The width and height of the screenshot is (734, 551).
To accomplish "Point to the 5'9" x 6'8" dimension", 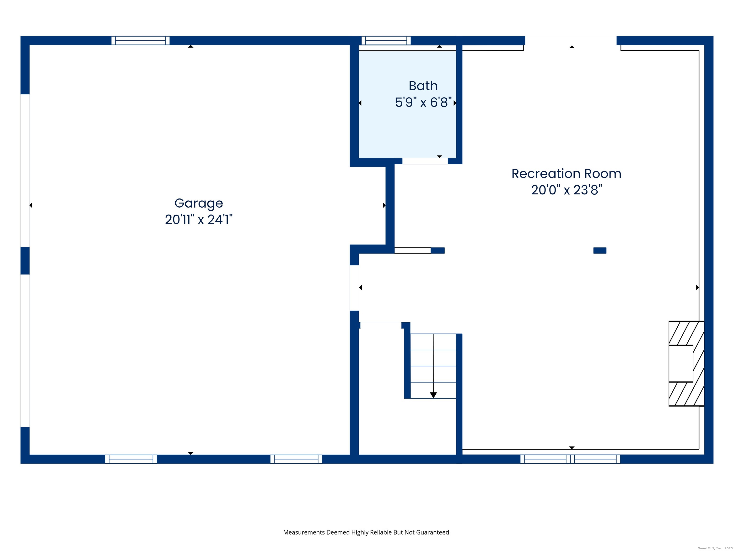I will coord(423,102).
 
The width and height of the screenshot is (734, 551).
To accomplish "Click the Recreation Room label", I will coord(566,174).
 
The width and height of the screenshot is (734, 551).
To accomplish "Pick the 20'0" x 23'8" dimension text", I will coord(566,190).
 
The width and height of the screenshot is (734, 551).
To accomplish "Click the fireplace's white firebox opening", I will coord(680,363).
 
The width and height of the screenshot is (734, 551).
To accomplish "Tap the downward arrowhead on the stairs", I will coord(433,395).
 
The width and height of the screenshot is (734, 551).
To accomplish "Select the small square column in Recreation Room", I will coord(600,250).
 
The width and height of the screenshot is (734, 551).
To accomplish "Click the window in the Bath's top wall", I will coord(386,40).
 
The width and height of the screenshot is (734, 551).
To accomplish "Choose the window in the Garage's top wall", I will coord(140,40).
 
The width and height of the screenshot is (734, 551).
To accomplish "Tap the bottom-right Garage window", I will coord(296,459).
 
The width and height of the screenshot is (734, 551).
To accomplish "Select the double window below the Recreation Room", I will coord(570,459).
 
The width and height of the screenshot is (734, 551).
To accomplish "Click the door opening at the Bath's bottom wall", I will coord(425,161).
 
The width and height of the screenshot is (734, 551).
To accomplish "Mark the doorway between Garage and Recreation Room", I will coord(354,288).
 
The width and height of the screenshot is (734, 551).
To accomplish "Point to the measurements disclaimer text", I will coord(367,532).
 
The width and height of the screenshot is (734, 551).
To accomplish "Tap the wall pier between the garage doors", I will coord(25,260).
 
